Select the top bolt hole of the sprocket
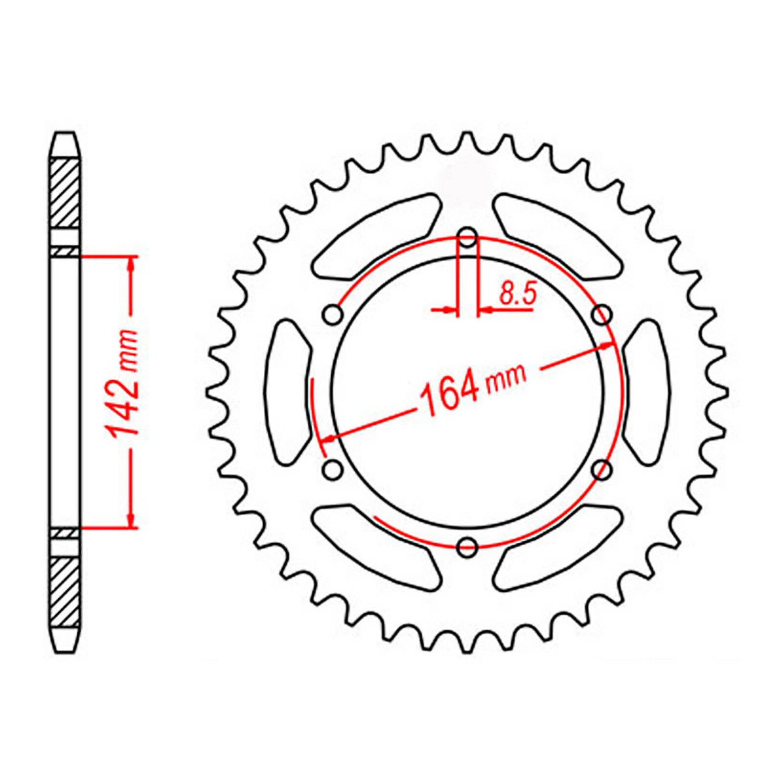[468, 239]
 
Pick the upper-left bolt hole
[334, 314]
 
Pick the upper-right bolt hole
[602, 314]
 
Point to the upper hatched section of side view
[65, 193]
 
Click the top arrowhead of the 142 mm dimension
[131, 264]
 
